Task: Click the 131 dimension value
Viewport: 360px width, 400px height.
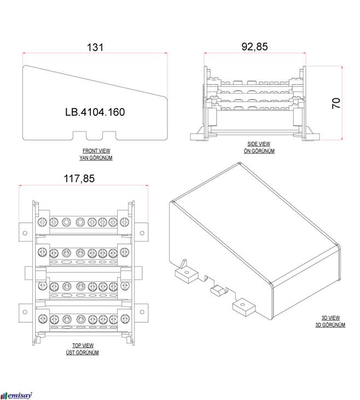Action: [95, 47]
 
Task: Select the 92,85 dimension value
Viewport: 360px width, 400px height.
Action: [254, 47]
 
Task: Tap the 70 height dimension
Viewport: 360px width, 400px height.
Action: [336, 102]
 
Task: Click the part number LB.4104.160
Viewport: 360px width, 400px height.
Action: [95, 113]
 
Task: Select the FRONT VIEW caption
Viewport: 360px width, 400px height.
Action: [96, 150]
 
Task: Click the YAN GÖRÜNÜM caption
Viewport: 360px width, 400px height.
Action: [96, 158]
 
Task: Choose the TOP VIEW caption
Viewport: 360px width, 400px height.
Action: [83, 345]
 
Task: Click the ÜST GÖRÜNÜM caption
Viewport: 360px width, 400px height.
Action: [83, 352]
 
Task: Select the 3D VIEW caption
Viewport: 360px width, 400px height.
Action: [329, 318]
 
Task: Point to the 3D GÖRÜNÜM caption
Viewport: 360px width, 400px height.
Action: [329, 325]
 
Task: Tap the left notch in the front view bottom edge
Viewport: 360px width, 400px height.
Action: [80, 134]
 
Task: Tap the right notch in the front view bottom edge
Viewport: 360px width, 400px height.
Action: [109, 134]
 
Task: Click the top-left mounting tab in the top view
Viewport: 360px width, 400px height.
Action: [24, 229]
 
